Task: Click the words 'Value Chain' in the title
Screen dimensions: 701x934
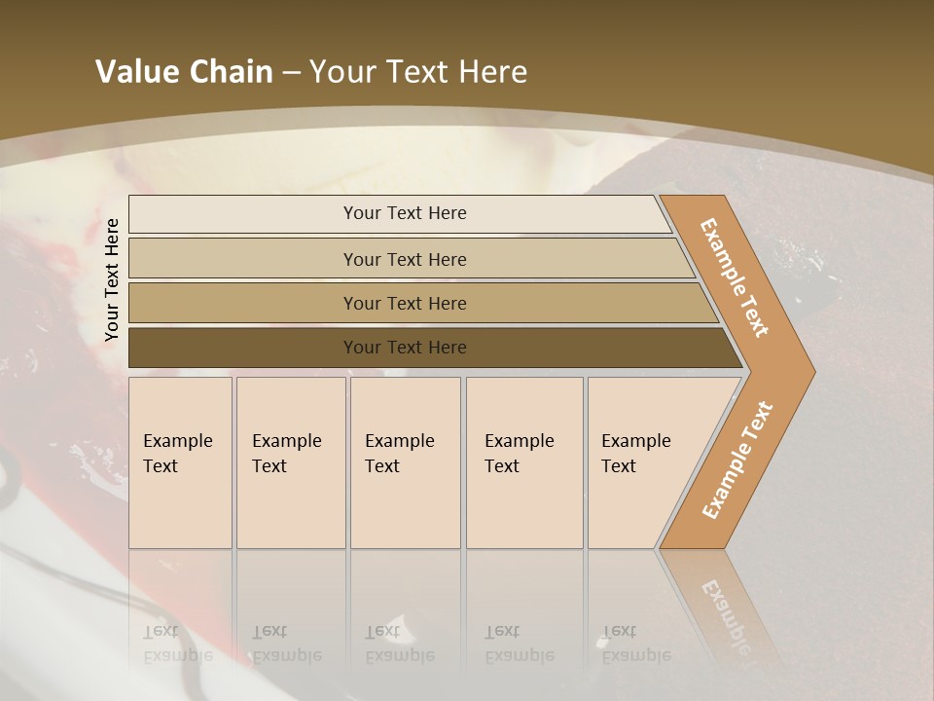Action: [x=184, y=71]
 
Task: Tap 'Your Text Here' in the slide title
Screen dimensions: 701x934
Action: [x=418, y=71]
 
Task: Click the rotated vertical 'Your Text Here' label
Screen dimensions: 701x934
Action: [x=112, y=279]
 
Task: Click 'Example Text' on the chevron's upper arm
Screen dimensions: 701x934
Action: [x=735, y=277]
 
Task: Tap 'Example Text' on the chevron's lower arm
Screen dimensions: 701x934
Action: [x=736, y=461]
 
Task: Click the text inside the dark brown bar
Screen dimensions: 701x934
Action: [x=405, y=348]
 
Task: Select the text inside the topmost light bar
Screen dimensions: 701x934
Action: [x=405, y=213]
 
